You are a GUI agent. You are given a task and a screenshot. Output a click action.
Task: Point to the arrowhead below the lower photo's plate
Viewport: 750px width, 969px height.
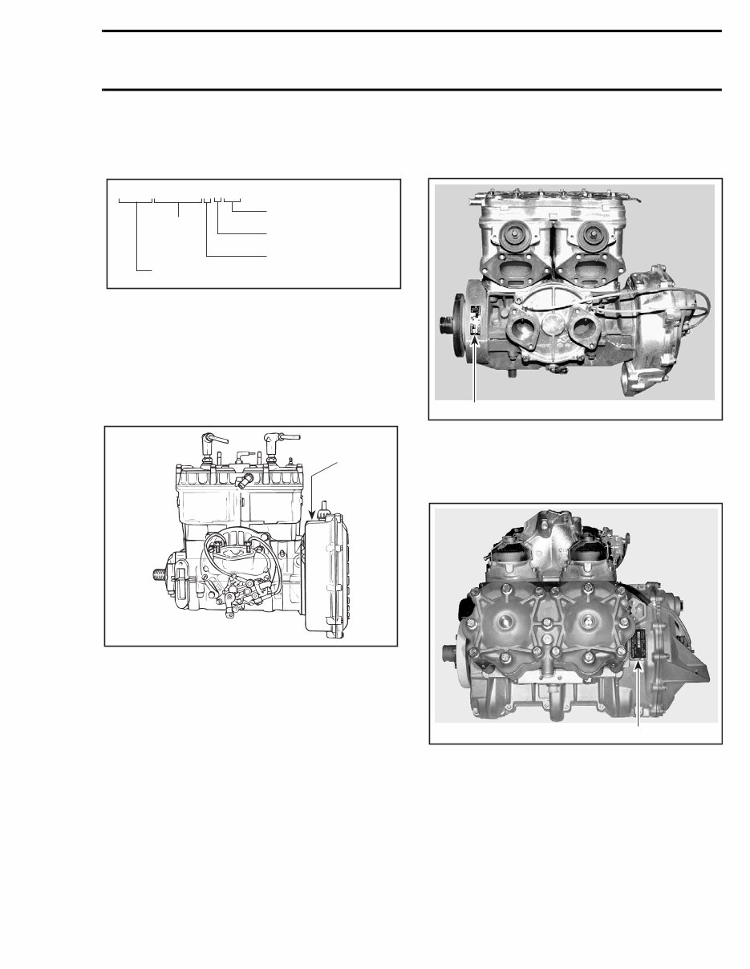click(639, 662)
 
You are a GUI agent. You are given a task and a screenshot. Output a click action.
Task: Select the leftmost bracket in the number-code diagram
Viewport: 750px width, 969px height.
click(135, 199)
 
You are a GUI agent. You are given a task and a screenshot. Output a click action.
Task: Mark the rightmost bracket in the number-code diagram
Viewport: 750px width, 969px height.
click(232, 199)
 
